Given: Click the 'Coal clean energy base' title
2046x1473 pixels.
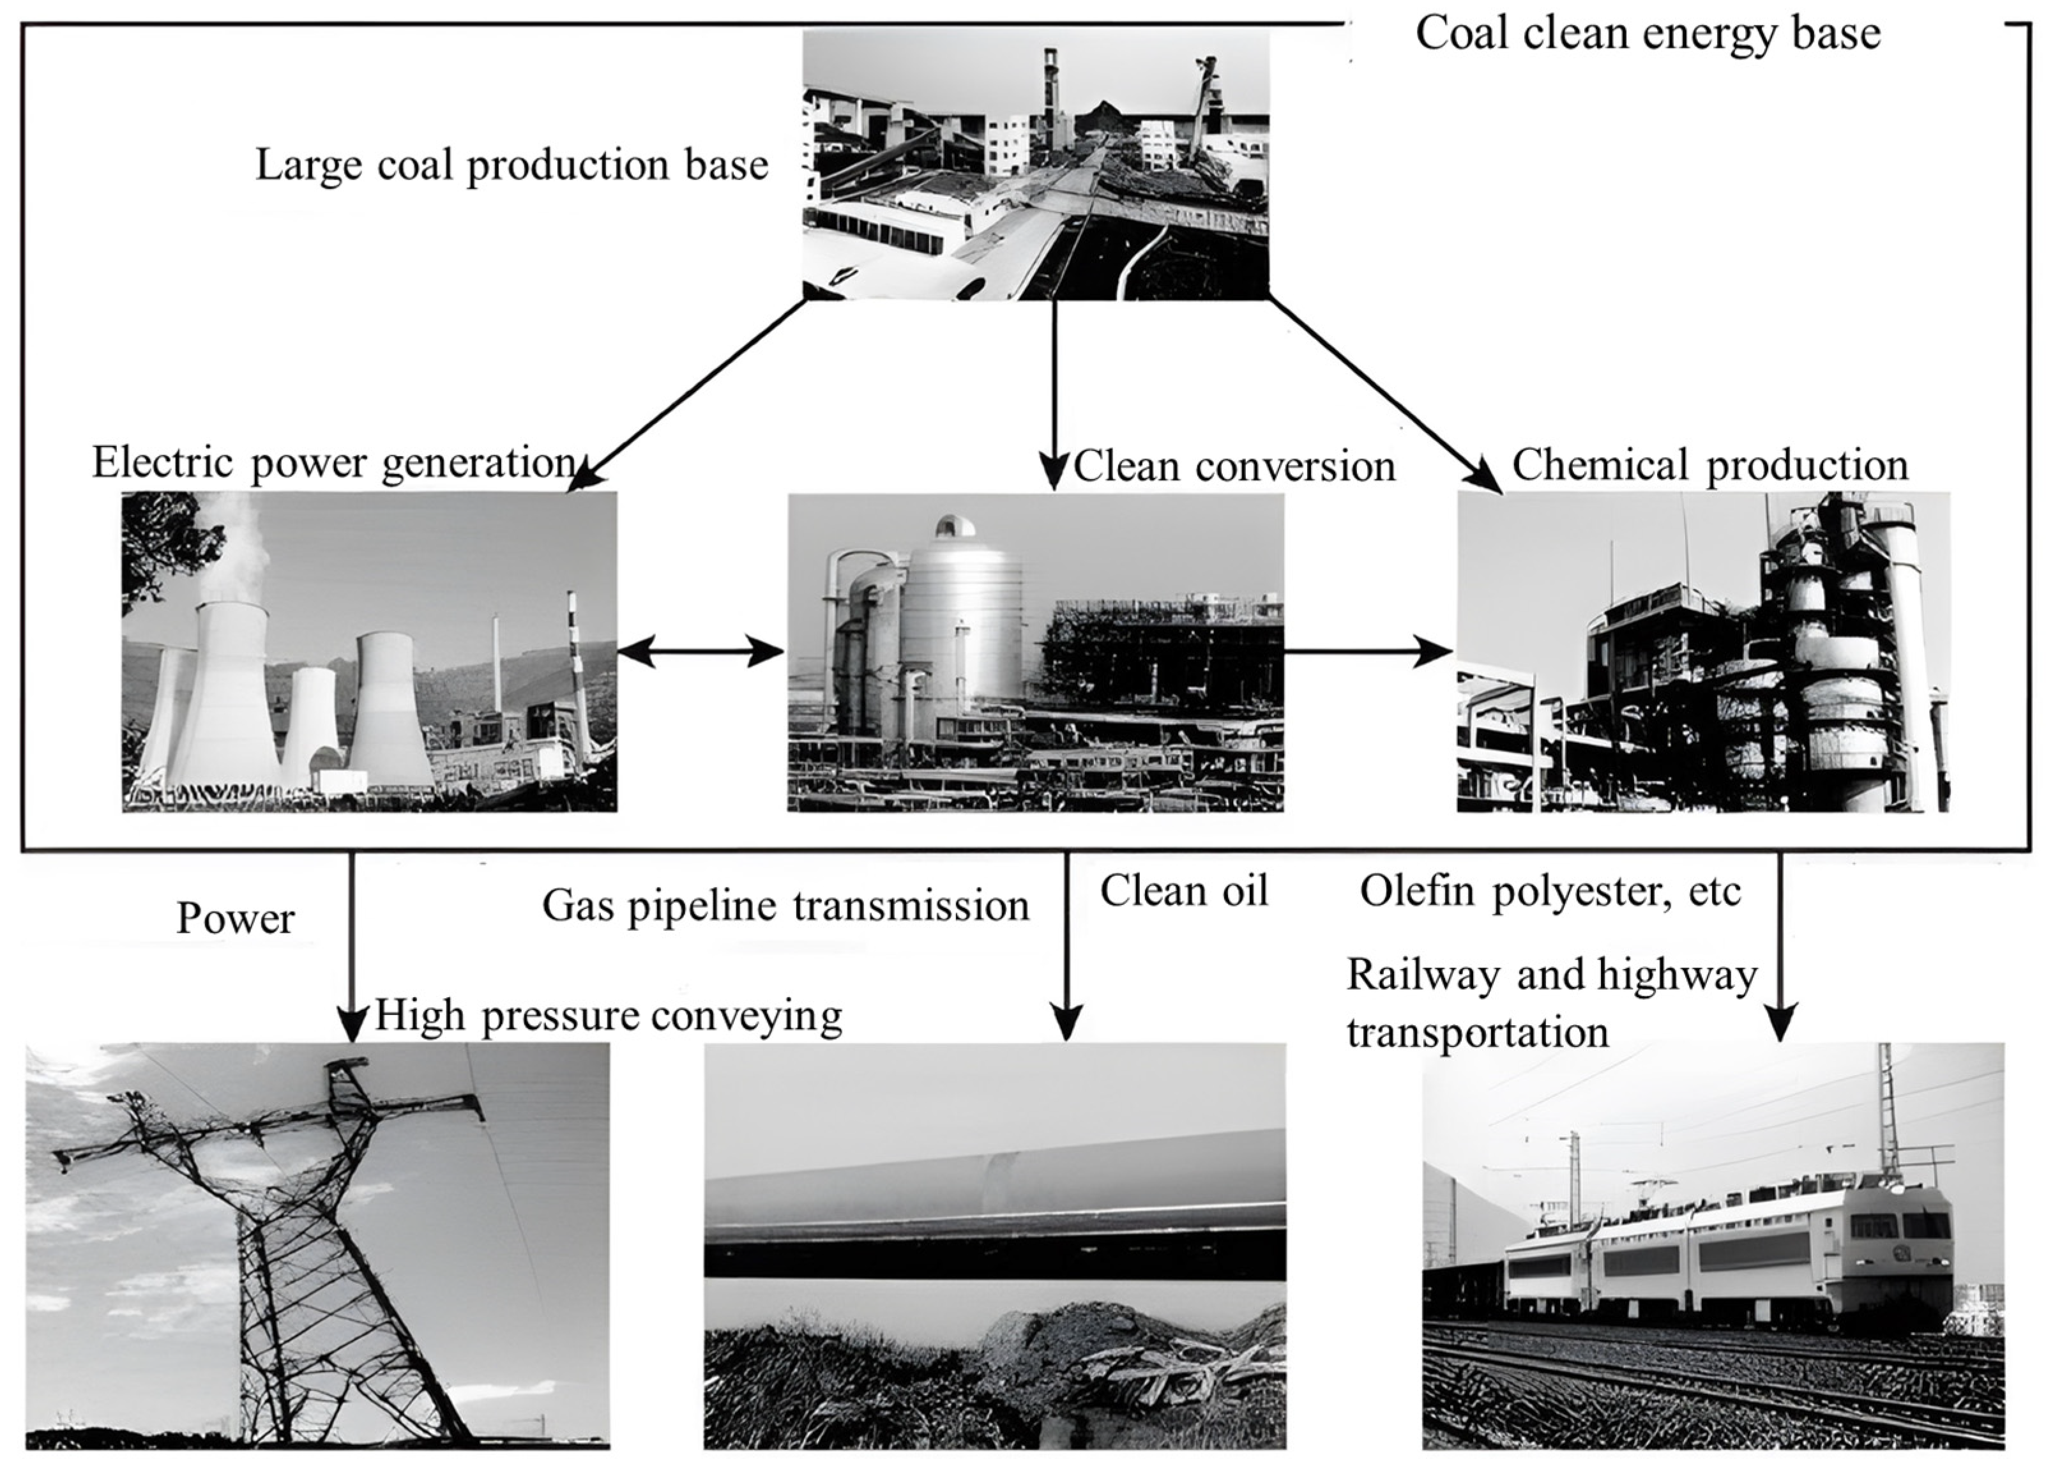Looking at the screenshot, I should (1648, 34).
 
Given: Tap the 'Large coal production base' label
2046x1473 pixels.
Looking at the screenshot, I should (511, 165).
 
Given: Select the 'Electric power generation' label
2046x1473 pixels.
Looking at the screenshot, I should (334, 464).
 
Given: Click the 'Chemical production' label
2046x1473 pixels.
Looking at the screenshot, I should (1709, 465).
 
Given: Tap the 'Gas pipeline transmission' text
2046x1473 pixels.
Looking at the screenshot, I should (785, 905).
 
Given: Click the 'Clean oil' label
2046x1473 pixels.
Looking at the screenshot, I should (1183, 891).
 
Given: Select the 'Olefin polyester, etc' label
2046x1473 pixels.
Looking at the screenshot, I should (1550, 891).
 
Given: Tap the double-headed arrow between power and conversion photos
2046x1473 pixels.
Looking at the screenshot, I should (701, 651).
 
